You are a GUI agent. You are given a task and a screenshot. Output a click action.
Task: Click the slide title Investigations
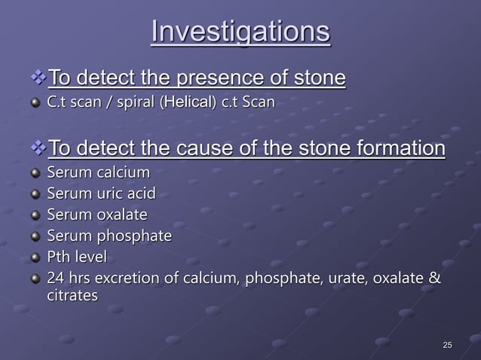240,32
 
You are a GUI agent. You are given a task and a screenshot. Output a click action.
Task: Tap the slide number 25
447,345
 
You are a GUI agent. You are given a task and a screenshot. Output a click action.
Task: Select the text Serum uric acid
101,194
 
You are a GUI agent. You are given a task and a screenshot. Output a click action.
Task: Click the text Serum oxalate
97,215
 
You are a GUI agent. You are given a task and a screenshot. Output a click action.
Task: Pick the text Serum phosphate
109,236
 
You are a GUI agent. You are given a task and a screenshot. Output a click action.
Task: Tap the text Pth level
77,258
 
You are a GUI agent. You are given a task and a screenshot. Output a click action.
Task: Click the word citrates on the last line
72,296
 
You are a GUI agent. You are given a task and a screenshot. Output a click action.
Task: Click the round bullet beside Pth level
34,258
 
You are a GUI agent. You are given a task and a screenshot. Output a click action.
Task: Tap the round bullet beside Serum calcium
34,174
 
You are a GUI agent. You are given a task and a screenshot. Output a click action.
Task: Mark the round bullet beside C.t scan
34,102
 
